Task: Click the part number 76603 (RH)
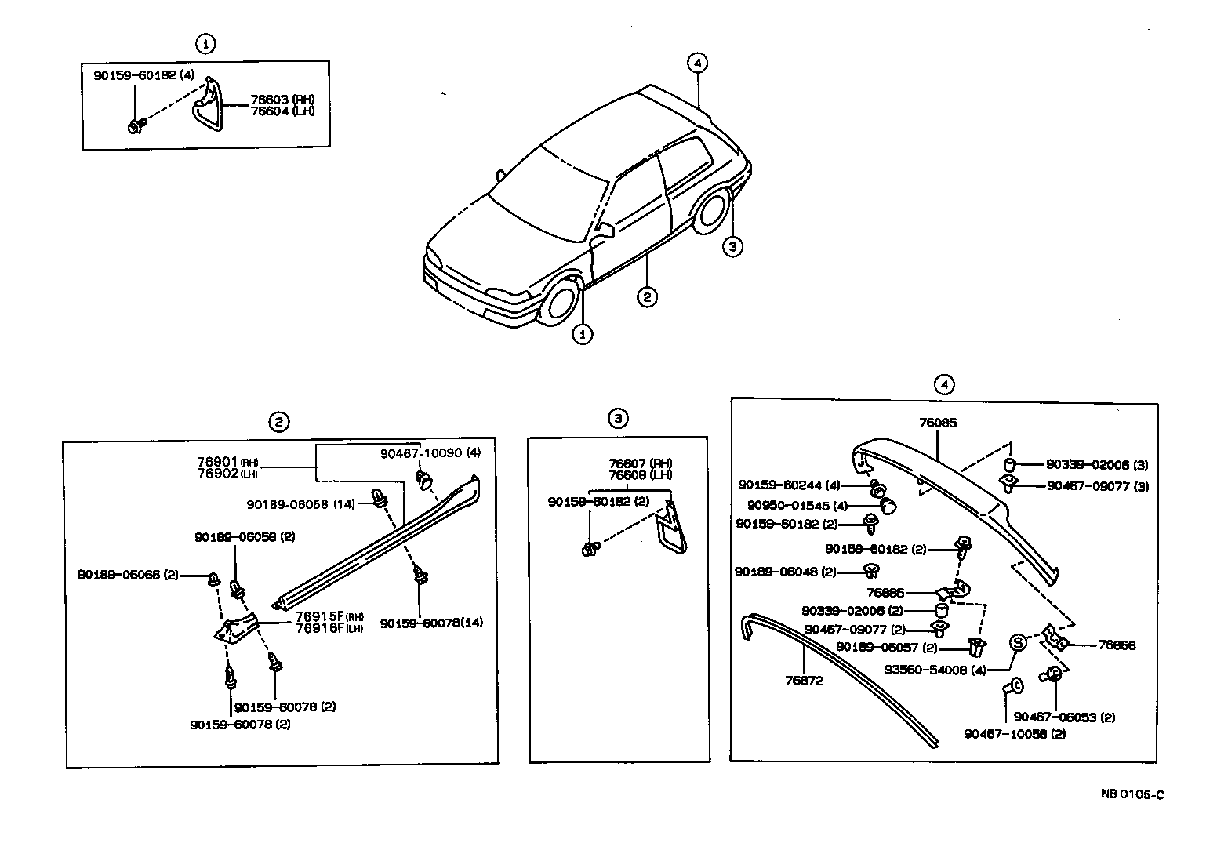click(x=282, y=100)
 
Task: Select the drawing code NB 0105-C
click(x=1132, y=794)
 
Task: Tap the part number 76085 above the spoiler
click(x=937, y=423)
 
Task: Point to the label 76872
click(x=804, y=681)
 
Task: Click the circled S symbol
click(x=1016, y=643)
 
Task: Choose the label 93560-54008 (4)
click(x=935, y=670)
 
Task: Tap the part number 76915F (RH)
click(x=330, y=616)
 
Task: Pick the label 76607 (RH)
click(x=640, y=463)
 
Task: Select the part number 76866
click(x=1117, y=645)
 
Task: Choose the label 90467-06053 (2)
click(x=1064, y=717)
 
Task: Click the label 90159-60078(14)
click(x=431, y=623)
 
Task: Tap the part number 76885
click(x=885, y=593)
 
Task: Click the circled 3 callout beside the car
click(x=731, y=247)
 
